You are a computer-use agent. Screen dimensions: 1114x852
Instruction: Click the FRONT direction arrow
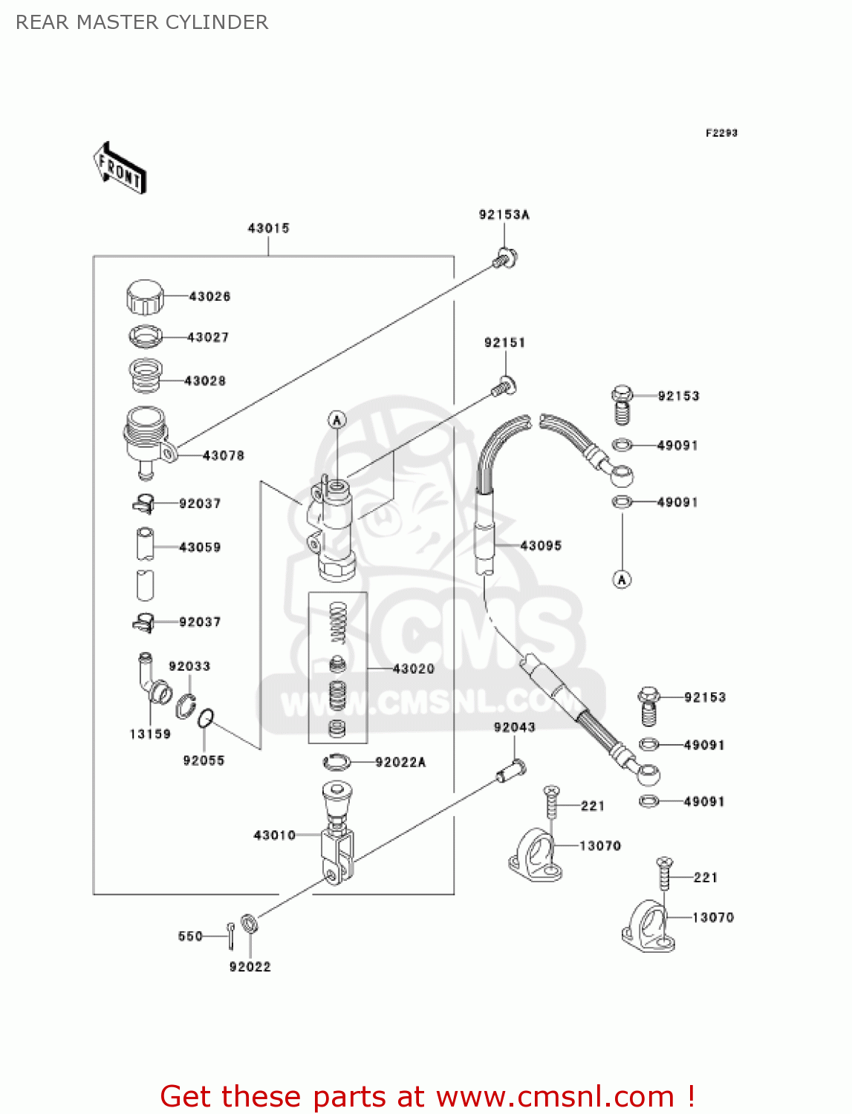120,168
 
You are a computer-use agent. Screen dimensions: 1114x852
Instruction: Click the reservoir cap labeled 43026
144,297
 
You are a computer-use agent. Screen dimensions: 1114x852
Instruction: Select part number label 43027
208,337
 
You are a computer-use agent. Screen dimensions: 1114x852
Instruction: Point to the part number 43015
268,228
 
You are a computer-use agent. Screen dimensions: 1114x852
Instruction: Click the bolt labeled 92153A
506,258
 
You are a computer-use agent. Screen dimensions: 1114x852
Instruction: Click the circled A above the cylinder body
337,420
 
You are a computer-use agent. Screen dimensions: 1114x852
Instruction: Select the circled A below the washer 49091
622,579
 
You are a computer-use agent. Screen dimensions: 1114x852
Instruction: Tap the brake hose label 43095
541,546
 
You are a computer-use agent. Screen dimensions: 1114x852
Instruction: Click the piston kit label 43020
413,668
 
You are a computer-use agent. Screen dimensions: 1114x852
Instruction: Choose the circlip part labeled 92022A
336,762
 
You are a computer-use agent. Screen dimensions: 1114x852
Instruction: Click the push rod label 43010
275,835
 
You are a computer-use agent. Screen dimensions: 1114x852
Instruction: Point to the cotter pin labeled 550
232,935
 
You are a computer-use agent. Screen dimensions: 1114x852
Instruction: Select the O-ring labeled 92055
206,718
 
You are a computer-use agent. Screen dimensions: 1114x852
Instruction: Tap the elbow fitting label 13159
150,734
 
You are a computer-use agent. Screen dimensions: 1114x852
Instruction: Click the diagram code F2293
721,133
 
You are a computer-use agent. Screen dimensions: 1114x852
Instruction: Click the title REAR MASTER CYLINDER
142,22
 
